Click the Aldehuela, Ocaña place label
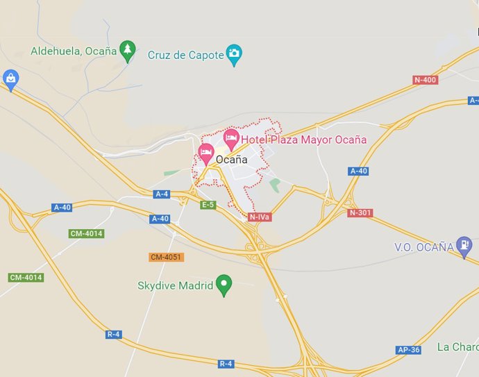[73, 51]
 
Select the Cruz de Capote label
[186, 54]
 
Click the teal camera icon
[235, 53]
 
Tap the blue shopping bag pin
[10, 78]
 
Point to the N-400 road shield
[425, 80]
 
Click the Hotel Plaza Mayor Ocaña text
[303, 140]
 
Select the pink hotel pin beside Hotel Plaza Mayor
[231, 136]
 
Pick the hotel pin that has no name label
[205, 152]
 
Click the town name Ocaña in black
[232, 159]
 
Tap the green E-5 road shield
[208, 205]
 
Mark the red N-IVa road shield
[259, 217]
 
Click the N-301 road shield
[360, 212]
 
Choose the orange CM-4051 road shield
[166, 257]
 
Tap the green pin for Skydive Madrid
[224, 284]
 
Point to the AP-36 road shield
[408, 350]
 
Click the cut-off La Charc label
[457, 346]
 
